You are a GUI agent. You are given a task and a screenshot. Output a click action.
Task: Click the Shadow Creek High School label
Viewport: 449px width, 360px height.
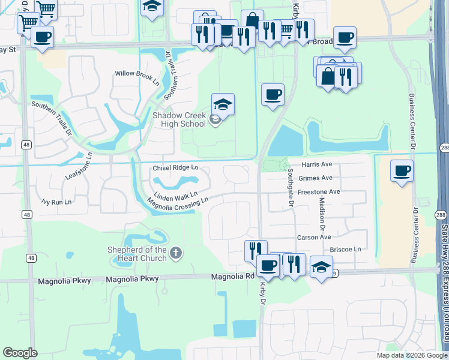179,119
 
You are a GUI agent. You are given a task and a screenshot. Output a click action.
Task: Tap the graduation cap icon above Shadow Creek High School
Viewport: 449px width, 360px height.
223,106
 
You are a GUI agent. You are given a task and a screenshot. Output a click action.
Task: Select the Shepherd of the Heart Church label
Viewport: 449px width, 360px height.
137,254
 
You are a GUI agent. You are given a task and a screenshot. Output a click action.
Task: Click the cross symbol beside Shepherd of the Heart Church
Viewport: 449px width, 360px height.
175,253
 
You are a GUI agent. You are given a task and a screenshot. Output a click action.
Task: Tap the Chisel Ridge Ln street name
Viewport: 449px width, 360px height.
175,168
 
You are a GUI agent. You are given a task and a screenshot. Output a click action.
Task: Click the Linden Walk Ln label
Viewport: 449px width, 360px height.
176,196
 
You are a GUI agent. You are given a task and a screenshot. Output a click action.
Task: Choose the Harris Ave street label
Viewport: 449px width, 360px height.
317,164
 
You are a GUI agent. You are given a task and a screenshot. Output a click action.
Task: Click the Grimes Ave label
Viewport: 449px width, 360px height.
316,178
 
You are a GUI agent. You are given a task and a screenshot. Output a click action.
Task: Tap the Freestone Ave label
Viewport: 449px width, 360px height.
319,192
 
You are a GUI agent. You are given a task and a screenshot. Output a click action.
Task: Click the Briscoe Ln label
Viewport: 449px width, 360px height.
345,249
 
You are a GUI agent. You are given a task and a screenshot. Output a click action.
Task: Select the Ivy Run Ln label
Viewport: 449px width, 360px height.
56,202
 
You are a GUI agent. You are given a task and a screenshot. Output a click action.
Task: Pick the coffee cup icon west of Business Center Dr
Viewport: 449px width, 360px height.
402,170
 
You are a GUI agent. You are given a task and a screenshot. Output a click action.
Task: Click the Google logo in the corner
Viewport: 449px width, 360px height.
20,353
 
